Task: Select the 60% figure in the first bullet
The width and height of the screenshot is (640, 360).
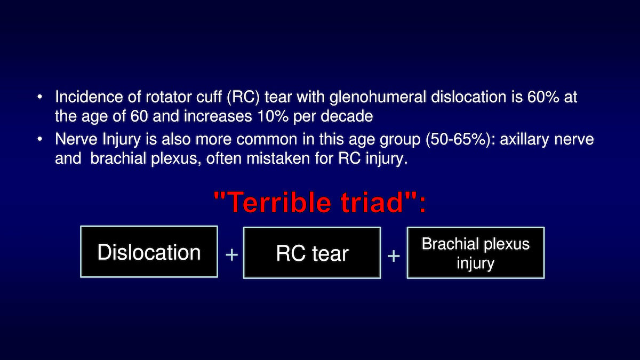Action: pyautogui.click(x=543, y=97)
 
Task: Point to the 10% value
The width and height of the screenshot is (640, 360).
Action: pyautogui.click(x=273, y=116)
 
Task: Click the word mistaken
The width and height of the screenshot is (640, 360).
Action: pyautogui.click(x=278, y=158)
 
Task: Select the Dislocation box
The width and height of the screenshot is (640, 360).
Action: pyautogui.click(x=149, y=252)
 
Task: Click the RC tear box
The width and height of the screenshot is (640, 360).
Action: pyautogui.click(x=312, y=253)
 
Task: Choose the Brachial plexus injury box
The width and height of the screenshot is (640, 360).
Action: pyautogui.click(x=476, y=253)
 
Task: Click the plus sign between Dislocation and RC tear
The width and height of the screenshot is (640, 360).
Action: pyautogui.click(x=231, y=254)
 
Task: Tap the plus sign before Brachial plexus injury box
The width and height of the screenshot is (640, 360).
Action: pyautogui.click(x=394, y=255)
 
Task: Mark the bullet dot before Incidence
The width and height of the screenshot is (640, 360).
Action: pyautogui.click(x=39, y=97)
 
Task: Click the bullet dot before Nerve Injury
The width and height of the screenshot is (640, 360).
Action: pyautogui.click(x=39, y=139)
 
